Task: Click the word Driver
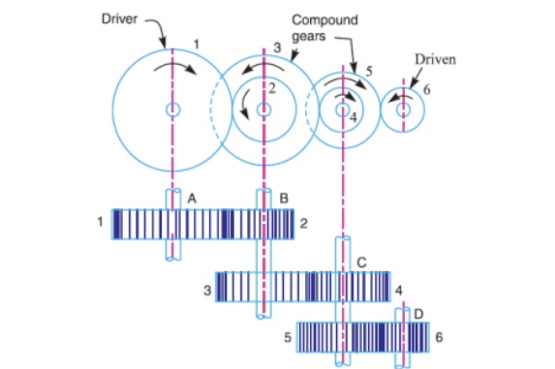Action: click(119, 18)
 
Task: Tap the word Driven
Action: click(435, 59)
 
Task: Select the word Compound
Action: click(324, 19)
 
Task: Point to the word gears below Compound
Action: click(309, 36)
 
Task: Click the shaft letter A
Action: click(192, 199)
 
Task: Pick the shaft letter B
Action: click(284, 199)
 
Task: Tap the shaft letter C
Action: click(361, 262)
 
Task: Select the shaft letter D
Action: click(418, 314)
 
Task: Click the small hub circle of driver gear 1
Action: click(172, 109)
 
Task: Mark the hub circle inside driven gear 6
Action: click(403, 109)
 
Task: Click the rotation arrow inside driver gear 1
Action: click(175, 66)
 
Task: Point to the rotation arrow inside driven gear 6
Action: click(400, 98)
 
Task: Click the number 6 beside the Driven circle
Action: click(427, 90)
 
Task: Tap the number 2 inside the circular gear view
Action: click(271, 88)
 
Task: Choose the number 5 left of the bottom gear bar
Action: click(288, 337)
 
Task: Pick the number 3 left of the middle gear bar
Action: click(207, 291)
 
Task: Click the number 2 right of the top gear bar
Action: click(304, 224)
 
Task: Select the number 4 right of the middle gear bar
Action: click(398, 291)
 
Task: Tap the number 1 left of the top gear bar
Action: click(100, 222)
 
